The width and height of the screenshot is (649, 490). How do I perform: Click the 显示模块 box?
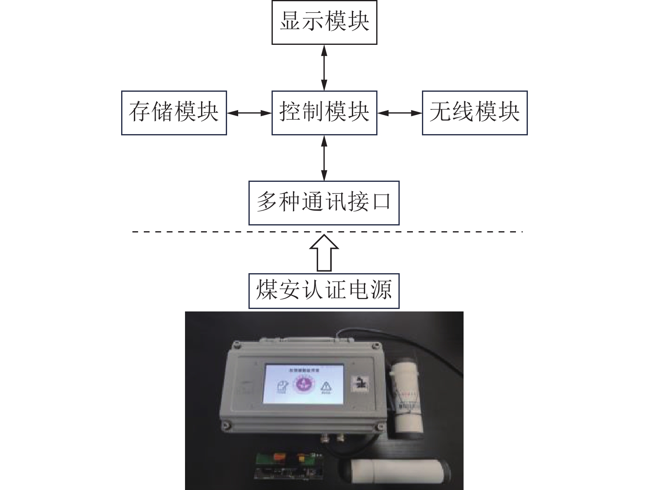pyautogui.click(x=324, y=22)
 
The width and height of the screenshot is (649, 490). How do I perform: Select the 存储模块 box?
pyautogui.click(x=174, y=113)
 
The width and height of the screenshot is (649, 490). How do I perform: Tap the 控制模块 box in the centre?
pyautogui.click(x=324, y=113)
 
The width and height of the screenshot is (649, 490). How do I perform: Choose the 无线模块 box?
pyautogui.click(x=475, y=113)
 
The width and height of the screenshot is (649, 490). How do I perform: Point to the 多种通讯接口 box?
pyautogui.click(x=324, y=203)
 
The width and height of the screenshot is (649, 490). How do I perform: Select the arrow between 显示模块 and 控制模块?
pyautogui.click(x=324, y=67)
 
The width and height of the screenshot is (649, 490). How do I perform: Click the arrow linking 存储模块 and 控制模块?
pyautogui.click(x=249, y=113)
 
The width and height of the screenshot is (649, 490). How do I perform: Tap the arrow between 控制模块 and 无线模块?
pyautogui.click(x=400, y=113)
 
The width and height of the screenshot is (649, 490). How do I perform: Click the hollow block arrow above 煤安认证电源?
pyautogui.click(x=324, y=253)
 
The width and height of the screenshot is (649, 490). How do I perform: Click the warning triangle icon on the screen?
pyautogui.click(x=326, y=387)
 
